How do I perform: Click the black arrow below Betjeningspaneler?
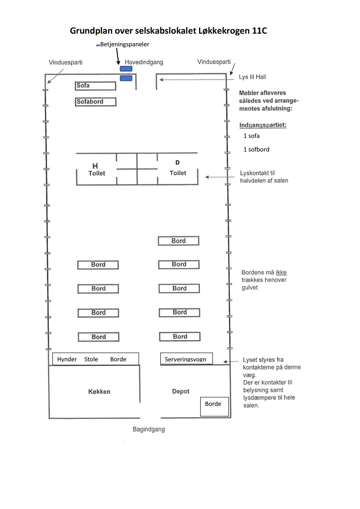pos(118,56)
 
